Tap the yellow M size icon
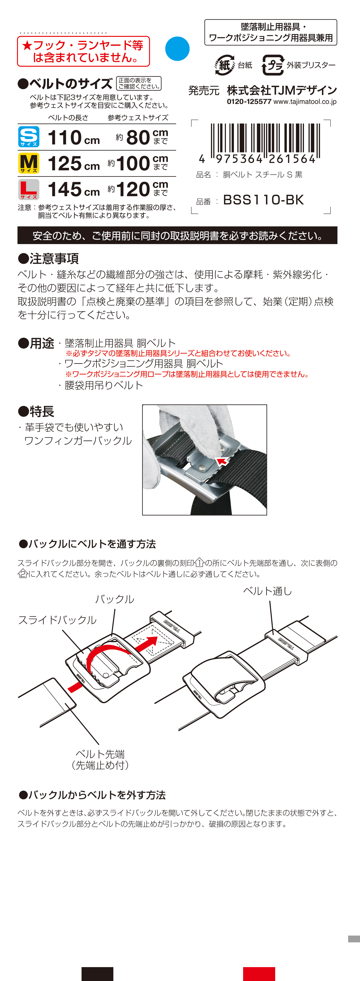coord(29,163)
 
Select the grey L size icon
coord(29,189)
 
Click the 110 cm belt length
coord(73,138)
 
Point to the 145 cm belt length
coord(73,189)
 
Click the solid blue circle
coord(177,49)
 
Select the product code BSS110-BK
coord(263,200)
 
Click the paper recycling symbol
coord(225,65)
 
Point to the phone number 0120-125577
coord(249,102)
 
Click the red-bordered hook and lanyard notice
coord(83,51)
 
